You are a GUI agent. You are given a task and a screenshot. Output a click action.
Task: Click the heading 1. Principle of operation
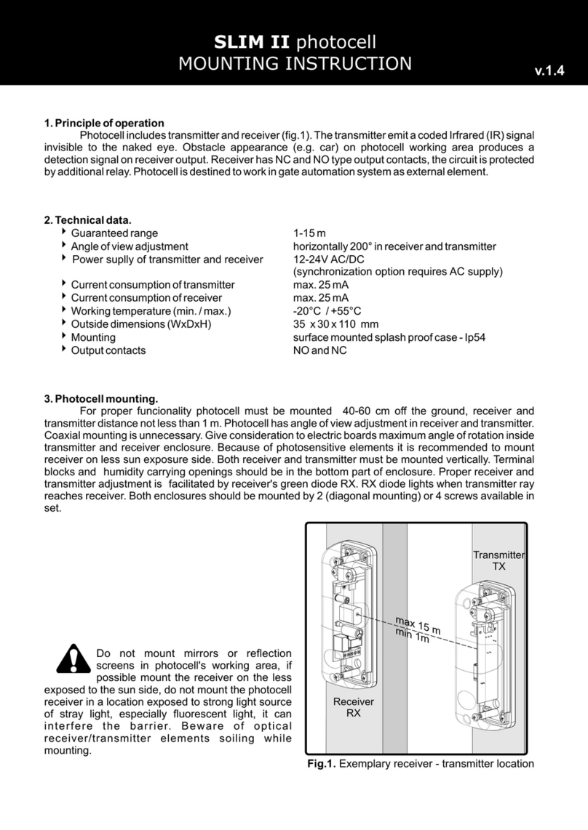click(x=104, y=123)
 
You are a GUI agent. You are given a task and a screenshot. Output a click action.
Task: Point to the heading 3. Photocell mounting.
click(x=100, y=398)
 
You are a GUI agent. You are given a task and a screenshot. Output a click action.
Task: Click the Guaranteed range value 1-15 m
click(x=309, y=233)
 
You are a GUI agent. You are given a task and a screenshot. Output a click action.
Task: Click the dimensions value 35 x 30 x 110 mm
click(x=335, y=324)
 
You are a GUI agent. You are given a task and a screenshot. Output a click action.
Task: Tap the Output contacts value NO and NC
click(x=319, y=350)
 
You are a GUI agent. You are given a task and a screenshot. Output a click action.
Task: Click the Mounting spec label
click(x=92, y=337)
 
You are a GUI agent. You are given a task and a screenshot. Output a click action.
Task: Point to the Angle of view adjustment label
click(x=129, y=246)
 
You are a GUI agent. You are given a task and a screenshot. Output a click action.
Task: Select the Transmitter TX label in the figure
click(x=498, y=560)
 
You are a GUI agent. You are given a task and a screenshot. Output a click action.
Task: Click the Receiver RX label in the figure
click(x=353, y=707)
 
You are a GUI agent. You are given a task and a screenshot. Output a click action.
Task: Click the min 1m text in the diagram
click(x=412, y=637)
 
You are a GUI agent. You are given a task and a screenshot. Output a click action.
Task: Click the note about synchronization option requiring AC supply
click(x=397, y=272)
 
